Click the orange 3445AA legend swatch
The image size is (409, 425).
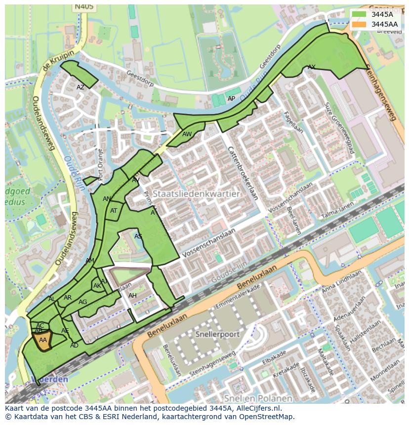(360, 24)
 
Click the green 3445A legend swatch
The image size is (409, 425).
(360, 14)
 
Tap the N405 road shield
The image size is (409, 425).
(83, 7)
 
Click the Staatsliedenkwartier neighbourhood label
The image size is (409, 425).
(196, 194)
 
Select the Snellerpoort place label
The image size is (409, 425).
(217, 334)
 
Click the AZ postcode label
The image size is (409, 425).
(81, 87)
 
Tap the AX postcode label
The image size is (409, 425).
(312, 67)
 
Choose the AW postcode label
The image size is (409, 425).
(187, 134)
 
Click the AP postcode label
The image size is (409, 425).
(231, 99)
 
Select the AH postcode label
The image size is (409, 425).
(132, 296)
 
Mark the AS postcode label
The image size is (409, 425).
(138, 236)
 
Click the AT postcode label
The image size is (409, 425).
(114, 211)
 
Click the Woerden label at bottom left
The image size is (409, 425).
(49, 379)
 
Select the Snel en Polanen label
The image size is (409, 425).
(257, 398)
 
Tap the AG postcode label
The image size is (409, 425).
(82, 302)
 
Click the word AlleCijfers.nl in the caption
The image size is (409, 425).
(257, 408)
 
